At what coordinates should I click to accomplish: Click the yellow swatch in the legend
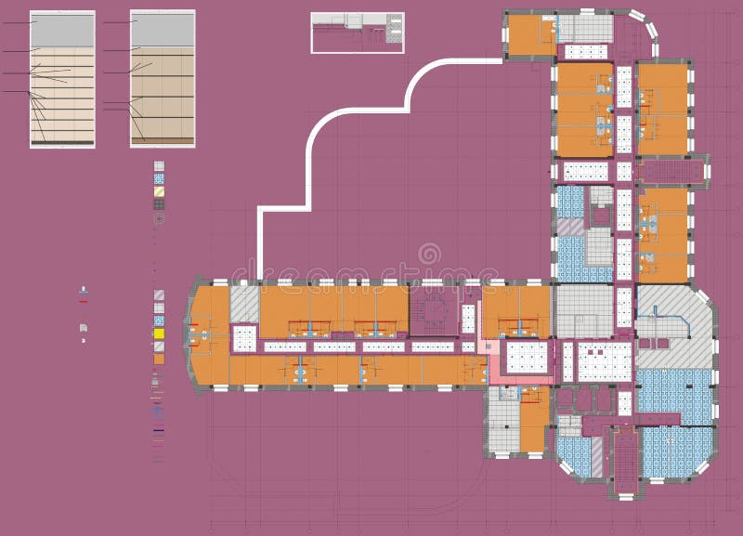click(159, 333)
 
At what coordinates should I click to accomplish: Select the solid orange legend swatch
click(159, 358)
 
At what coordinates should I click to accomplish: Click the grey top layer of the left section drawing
click(62, 31)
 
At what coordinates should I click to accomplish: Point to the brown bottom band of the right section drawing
click(163, 140)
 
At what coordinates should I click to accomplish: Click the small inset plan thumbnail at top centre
click(358, 33)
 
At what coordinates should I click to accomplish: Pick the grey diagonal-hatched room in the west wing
click(244, 303)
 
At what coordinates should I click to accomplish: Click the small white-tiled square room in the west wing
click(243, 336)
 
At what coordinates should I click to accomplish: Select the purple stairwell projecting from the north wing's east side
click(671, 172)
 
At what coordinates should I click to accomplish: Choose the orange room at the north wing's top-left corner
click(531, 36)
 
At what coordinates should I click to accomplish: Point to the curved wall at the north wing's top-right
click(646, 28)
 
